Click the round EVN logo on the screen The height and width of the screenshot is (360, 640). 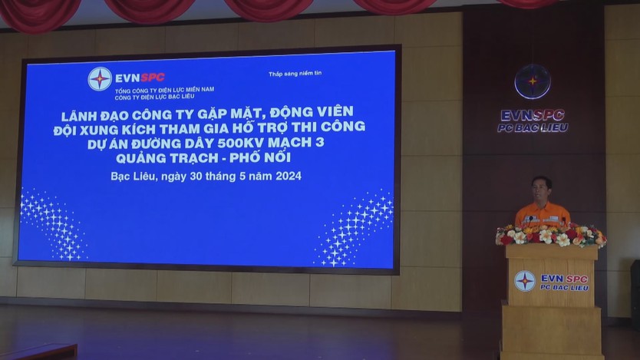[x=100, y=79]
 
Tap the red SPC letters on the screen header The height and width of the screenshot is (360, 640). [x=152, y=77]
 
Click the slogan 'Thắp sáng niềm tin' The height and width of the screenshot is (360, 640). [x=295, y=74]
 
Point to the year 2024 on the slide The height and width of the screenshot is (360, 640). [x=289, y=176]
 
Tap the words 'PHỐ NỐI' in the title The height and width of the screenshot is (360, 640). [x=260, y=157]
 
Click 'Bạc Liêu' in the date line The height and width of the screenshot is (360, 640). [x=133, y=177]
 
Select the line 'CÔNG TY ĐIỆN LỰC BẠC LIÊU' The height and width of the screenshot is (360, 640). [x=155, y=97]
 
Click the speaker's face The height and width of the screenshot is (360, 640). [x=542, y=190]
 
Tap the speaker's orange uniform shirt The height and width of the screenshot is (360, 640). [x=543, y=215]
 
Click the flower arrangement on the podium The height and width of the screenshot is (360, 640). [x=551, y=236]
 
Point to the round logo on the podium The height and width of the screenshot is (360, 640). [x=524, y=281]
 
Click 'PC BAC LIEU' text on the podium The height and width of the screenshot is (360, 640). [x=565, y=288]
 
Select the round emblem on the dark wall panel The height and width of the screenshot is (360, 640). [x=533, y=81]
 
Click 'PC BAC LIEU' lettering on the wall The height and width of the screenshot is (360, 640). [x=533, y=128]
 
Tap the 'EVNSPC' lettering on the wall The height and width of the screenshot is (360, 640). [x=533, y=115]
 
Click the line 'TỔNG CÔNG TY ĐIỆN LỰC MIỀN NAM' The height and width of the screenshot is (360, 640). [x=164, y=90]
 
